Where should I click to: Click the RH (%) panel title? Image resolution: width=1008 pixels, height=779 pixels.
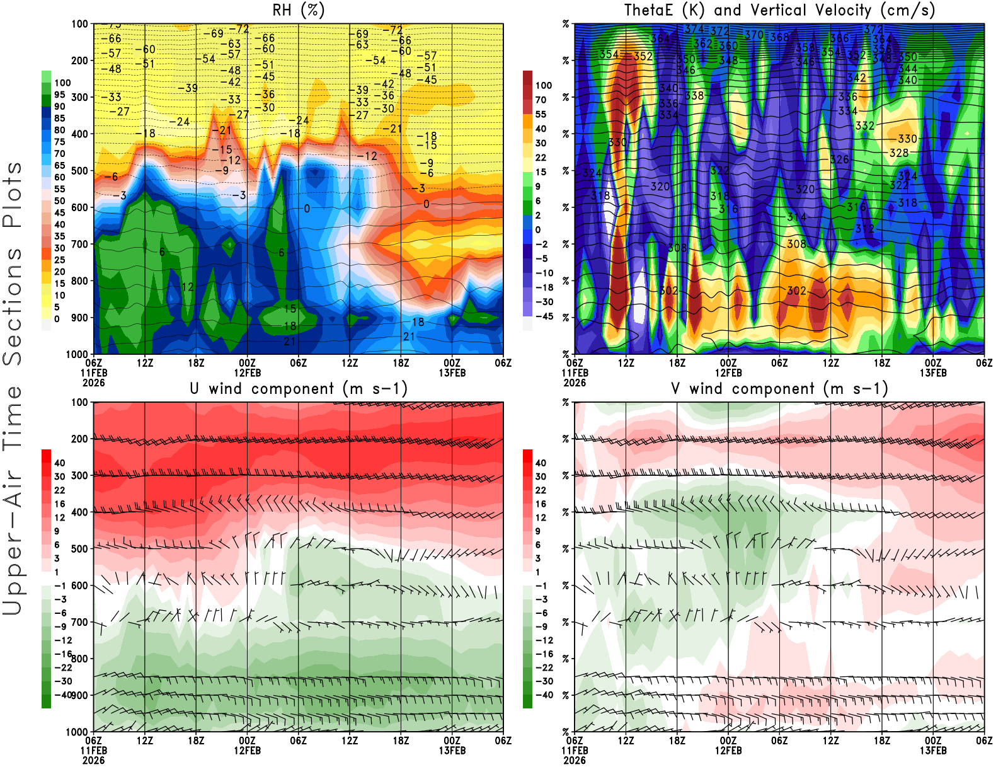tap(299, 10)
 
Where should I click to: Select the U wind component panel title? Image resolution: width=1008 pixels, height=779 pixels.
tap(299, 388)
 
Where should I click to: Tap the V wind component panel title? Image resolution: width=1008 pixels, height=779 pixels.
tap(779, 388)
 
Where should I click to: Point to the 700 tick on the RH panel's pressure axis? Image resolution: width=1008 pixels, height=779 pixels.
tap(80, 244)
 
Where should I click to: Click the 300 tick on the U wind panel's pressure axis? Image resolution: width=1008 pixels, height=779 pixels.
tap(80, 475)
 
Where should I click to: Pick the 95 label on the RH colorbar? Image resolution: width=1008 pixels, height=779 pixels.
tap(60, 95)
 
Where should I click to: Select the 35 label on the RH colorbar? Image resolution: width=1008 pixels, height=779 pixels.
tap(60, 236)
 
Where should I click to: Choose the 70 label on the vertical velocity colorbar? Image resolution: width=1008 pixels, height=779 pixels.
tap(541, 100)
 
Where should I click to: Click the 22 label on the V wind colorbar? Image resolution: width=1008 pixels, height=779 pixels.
tap(541, 490)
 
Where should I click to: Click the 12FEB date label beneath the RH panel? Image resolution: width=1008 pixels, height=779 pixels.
tap(248, 372)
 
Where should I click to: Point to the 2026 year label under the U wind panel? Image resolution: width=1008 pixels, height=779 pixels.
tap(93, 761)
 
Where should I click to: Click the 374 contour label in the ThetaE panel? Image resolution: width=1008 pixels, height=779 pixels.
tap(694, 29)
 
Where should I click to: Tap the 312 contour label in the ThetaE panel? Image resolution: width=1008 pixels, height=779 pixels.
tap(864, 228)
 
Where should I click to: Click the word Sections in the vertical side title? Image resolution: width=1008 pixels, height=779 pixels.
tap(13, 306)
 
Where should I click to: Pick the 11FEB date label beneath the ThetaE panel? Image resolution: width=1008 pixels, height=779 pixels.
tap(575, 372)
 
